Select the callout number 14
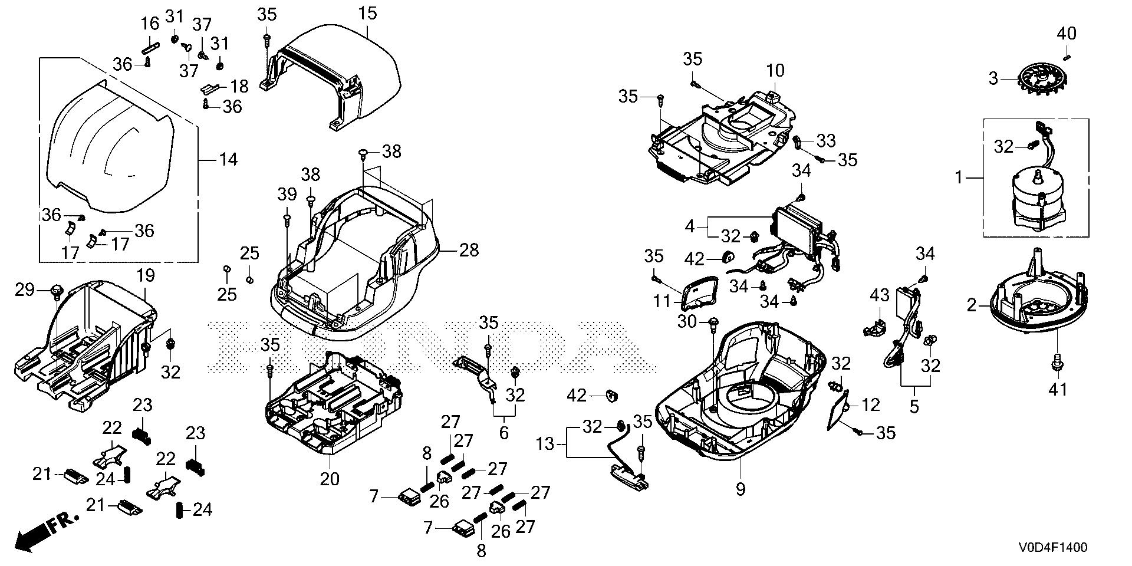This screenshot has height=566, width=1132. coord(228,159)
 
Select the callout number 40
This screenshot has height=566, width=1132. coord(1066,34)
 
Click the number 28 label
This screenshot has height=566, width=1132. coord(469,250)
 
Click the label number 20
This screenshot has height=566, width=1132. coord(330,479)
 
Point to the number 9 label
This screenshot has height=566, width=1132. coord(741,489)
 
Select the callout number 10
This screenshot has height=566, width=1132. coord(775,71)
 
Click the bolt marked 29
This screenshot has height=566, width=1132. coord(57,289)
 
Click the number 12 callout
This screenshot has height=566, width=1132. coord(870,405)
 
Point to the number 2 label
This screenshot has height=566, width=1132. coord(971,305)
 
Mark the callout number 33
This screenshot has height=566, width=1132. coord(826,140)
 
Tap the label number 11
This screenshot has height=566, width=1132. coord(663,302)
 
